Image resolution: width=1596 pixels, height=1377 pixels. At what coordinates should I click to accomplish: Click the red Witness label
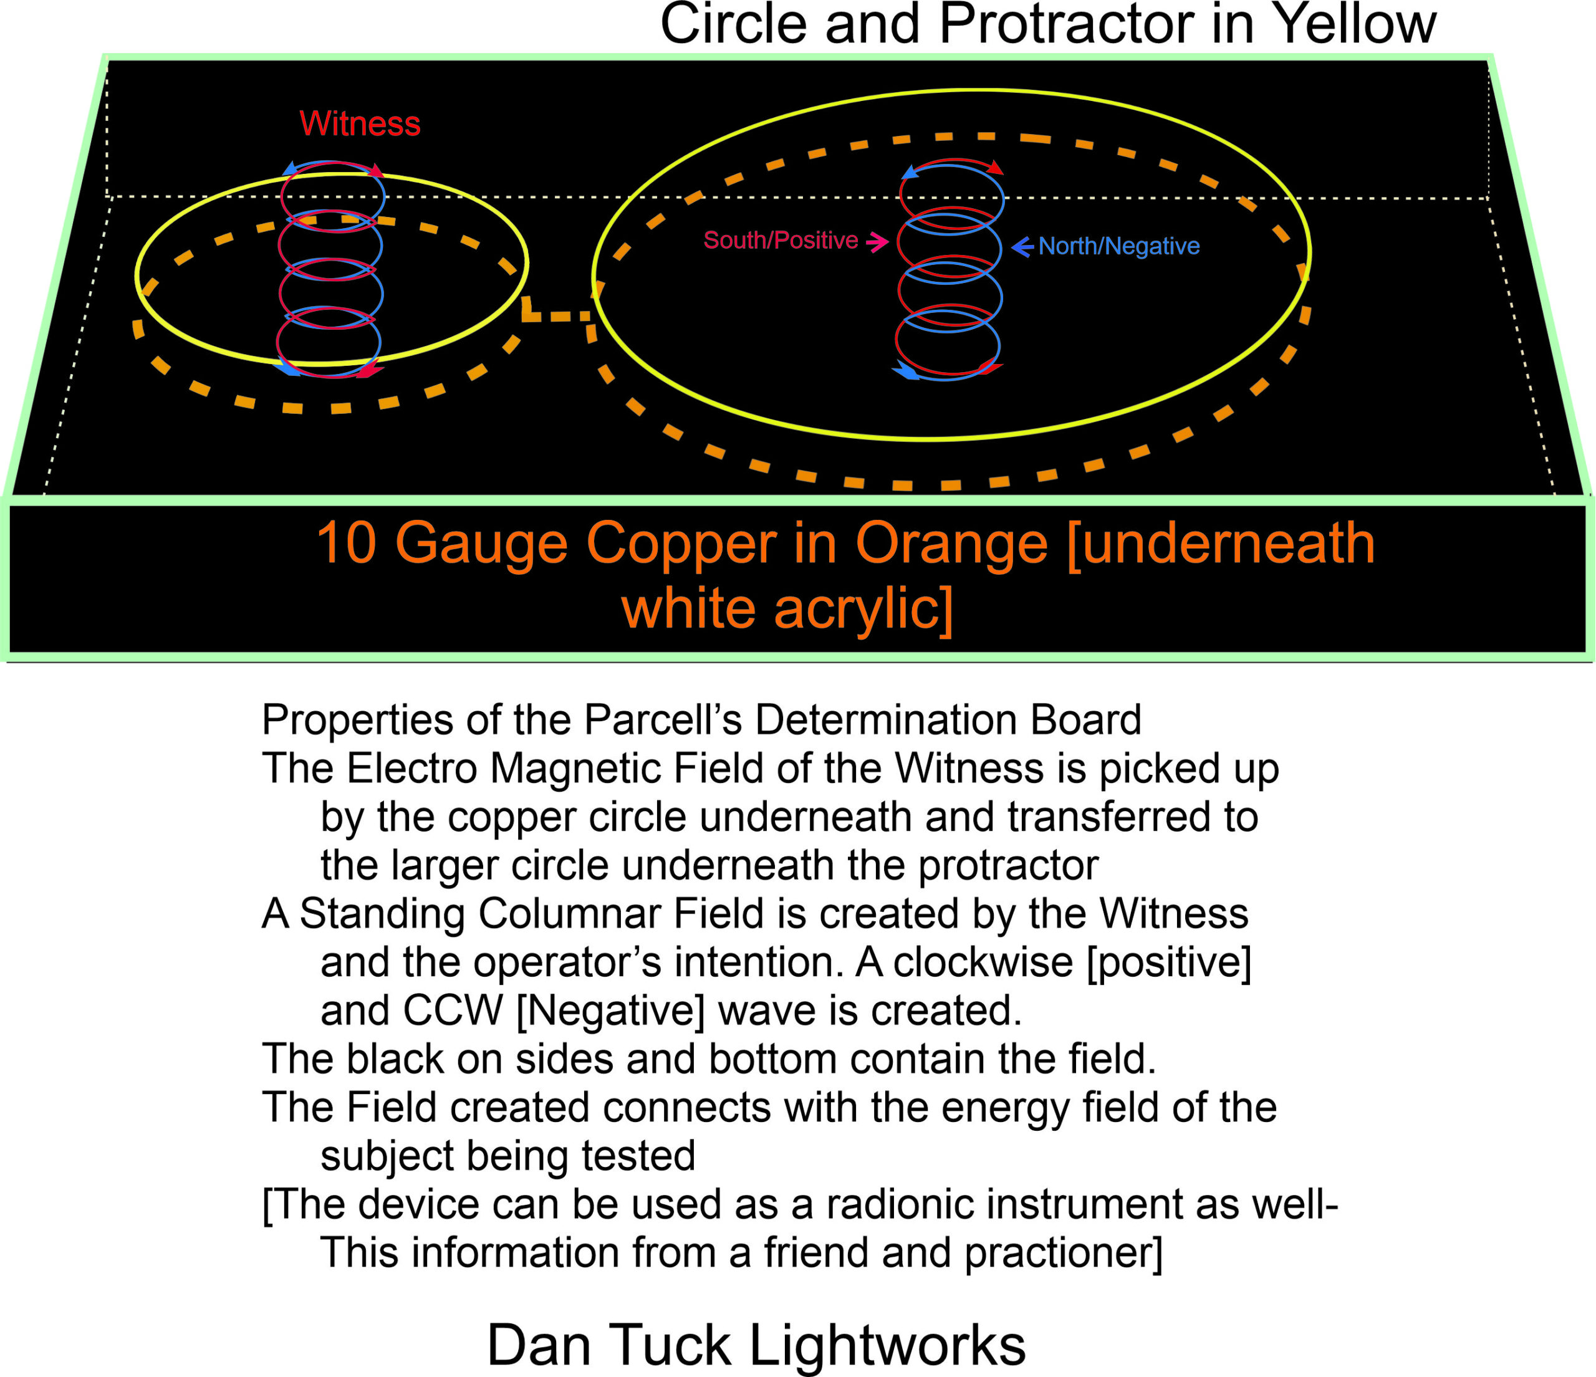tap(360, 124)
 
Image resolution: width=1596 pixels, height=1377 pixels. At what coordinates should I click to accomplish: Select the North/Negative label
tap(1118, 246)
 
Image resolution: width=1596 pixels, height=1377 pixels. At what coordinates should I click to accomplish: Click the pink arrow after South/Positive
tap(877, 242)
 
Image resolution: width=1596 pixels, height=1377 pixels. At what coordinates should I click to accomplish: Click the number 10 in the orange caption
tap(346, 544)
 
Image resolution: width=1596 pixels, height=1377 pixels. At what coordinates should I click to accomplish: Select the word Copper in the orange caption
tap(681, 544)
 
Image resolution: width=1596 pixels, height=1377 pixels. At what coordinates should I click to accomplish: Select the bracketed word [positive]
tap(1168, 962)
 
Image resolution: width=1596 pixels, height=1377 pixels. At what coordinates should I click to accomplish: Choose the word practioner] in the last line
tap(1063, 1253)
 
